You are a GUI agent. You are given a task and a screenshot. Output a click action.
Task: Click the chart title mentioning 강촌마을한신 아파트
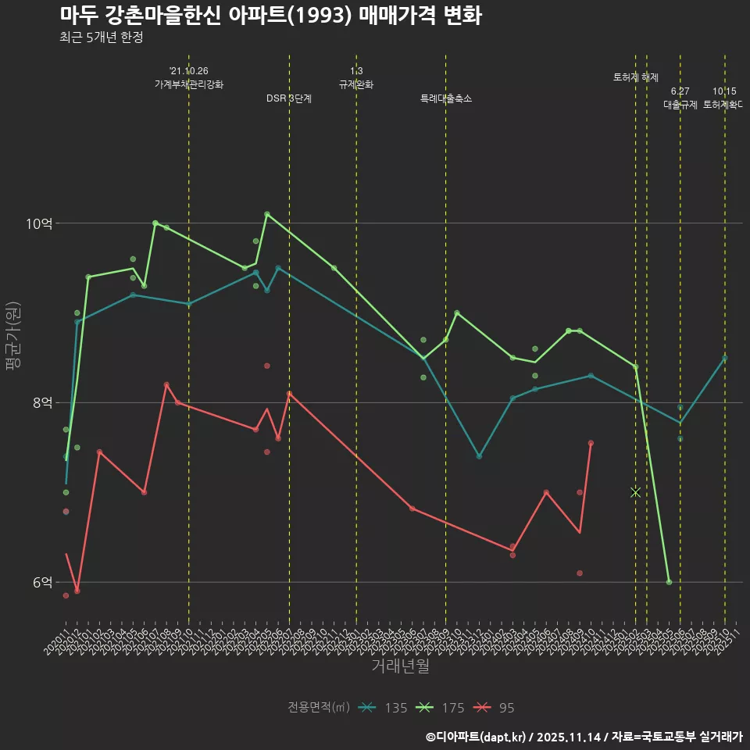pos(270,16)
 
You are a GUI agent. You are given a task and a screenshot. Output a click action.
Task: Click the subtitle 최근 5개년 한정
pos(101,37)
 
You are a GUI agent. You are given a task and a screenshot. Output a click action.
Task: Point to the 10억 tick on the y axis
pos(40,223)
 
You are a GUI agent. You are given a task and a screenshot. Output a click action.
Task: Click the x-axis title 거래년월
pos(400,666)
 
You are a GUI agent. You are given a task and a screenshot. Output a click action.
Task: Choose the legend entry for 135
pos(383,708)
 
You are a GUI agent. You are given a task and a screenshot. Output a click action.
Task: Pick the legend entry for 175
pos(440,708)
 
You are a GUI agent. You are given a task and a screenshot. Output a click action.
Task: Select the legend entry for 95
pos(495,708)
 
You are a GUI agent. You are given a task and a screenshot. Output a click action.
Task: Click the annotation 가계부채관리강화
pos(188,84)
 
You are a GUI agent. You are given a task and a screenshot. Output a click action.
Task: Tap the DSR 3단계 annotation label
pos(289,98)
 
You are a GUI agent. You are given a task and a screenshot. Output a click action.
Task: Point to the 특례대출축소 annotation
pos(445,98)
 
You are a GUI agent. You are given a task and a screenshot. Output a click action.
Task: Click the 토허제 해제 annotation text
pos(636,77)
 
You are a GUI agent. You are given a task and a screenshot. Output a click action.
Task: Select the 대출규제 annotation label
pos(680,104)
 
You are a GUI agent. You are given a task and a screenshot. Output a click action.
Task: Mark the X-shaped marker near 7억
pos(635,492)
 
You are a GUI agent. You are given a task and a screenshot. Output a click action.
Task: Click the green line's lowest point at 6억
pos(669,582)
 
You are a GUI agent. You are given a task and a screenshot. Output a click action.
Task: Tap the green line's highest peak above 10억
pos(267,214)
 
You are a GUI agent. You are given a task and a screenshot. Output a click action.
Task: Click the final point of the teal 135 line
pos(725,358)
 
